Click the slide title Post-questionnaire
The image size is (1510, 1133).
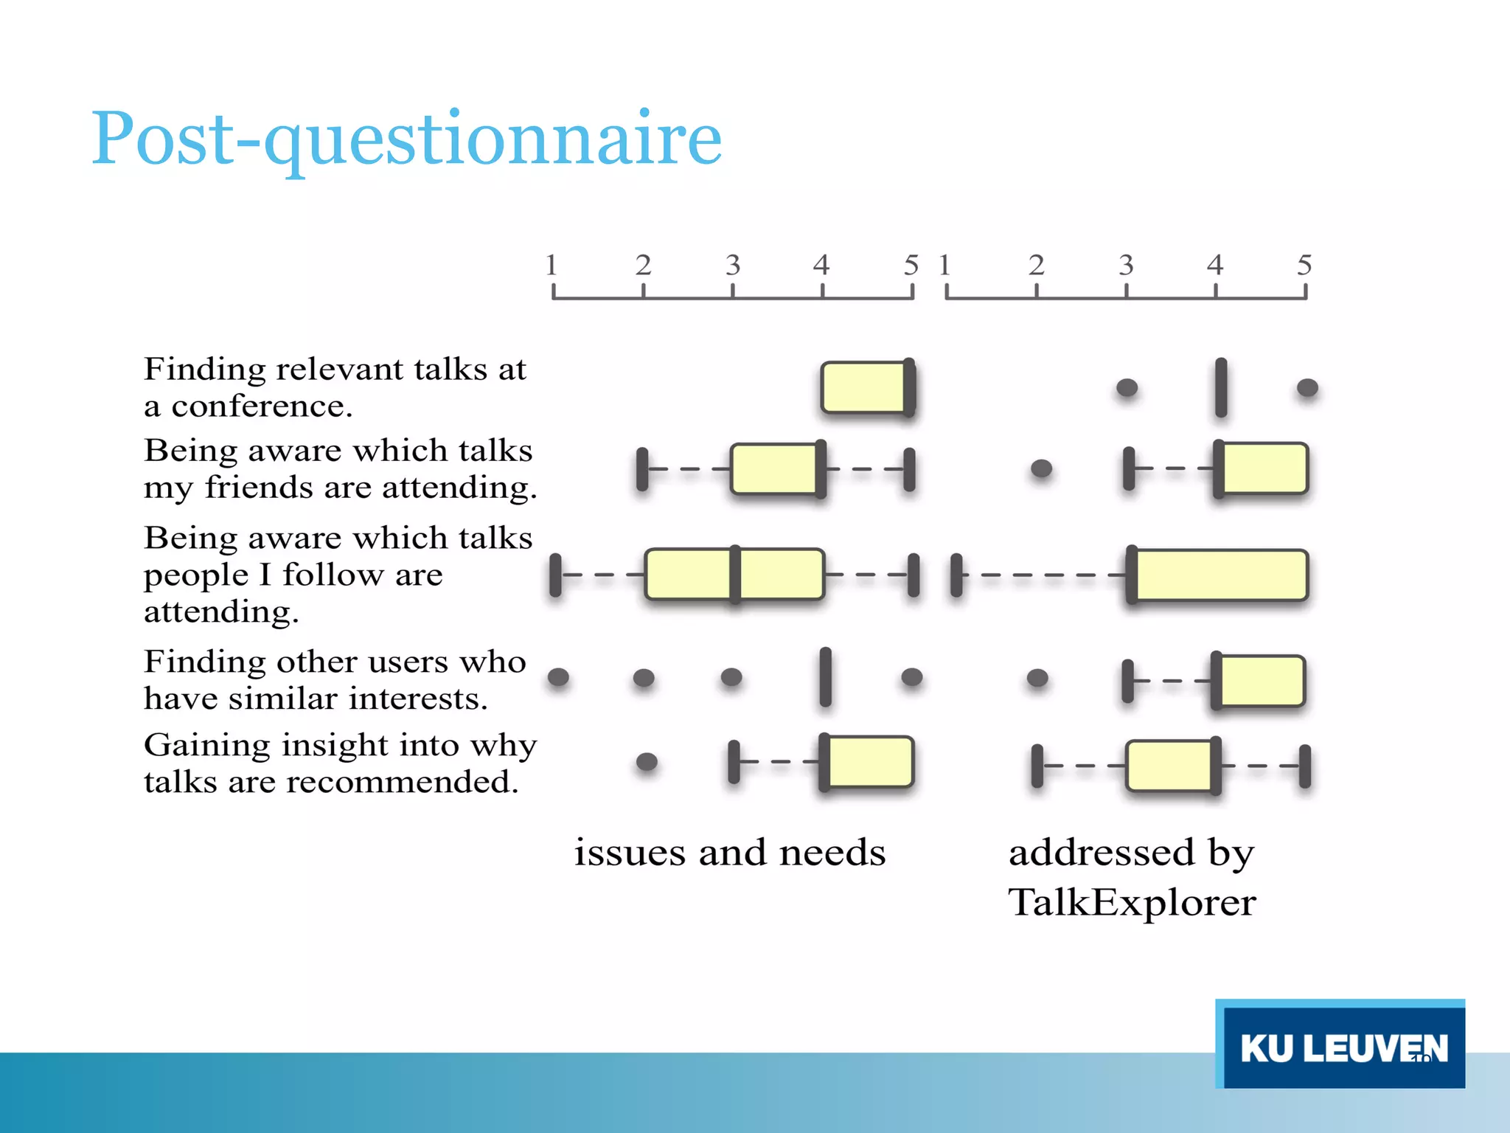tap(406, 139)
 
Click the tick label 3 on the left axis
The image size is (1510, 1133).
tap(732, 265)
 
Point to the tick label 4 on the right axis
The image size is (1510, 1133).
tap(1215, 265)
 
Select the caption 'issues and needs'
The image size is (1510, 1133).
tap(730, 853)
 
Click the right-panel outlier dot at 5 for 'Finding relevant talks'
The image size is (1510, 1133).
tap(1307, 387)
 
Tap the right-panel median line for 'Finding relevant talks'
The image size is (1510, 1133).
tap(1221, 387)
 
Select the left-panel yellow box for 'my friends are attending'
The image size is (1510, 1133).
tap(774, 468)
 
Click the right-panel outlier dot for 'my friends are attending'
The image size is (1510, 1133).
tap(1041, 468)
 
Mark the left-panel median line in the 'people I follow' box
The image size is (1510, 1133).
tap(735, 575)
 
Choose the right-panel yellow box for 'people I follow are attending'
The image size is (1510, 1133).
tap(1220, 575)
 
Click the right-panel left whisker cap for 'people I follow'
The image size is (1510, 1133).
tap(956, 575)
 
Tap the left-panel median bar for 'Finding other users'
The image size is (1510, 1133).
tap(825, 677)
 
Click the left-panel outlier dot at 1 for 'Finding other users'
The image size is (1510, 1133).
tap(558, 677)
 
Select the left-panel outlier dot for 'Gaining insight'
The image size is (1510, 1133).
tap(647, 761)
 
